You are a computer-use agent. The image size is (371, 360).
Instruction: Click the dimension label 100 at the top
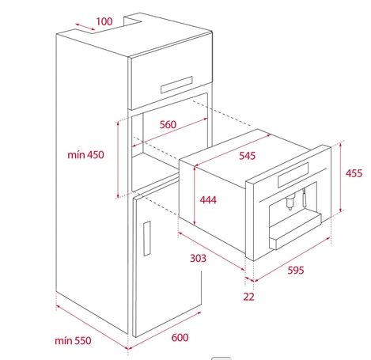(x=104, y=21)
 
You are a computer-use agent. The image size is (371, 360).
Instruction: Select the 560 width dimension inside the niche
(x=168, y=124)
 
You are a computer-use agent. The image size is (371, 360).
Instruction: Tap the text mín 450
(x=85, y=155)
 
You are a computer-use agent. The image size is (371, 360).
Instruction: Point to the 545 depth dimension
(x=247, y=156)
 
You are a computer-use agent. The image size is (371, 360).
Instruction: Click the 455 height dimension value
(x=354, y=173)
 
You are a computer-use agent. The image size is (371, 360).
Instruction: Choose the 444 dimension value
(x=208, y=200)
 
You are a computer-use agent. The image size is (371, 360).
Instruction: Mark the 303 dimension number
(x=198, y=258)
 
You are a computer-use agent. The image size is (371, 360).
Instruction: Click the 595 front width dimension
(x=296, y=271)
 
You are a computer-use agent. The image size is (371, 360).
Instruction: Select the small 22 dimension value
(x=248, y=297)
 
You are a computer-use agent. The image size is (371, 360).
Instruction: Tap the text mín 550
(x=73, y=341)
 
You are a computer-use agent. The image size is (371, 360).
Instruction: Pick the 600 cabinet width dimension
(x=180, y=338)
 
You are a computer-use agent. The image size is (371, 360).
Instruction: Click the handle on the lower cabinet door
(x=147, y=238)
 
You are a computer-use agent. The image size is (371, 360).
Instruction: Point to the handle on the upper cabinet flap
(x=176, y=85)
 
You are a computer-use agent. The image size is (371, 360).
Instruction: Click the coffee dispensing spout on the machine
(x=290, y=202)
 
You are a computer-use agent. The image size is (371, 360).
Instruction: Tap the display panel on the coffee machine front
(x=293, y=175)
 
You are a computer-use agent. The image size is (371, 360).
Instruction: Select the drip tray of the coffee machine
(x=295, y=232)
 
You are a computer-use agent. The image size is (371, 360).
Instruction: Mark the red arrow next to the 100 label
(x=85, y=27)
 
